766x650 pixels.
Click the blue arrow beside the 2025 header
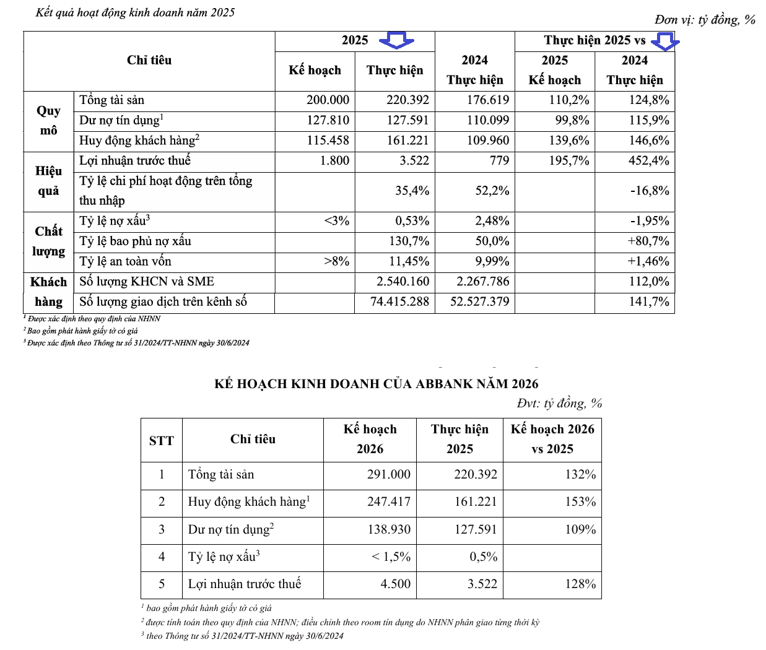tap(396, 40)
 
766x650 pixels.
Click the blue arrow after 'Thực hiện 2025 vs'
tap(665, 41)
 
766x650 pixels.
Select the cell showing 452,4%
tap(648, 161)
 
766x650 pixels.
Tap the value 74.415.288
tap(399, 301)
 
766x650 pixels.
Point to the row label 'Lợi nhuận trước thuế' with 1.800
tap(135, 161)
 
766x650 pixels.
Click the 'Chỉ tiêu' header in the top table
tap(149, 60)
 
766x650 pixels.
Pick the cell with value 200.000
tap(328, 100)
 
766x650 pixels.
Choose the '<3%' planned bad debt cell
tap(337, 221)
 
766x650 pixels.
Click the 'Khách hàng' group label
tap(48, 292)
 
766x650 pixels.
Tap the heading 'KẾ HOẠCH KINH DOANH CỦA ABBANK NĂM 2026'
tap(376, 384)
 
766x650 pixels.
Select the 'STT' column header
tap(161, 440)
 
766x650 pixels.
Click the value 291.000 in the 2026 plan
tap(388, 474)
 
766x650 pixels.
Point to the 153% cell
tap(580, 501)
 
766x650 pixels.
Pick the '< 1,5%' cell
tap(391, 557)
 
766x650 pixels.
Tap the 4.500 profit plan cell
tap(395, 584)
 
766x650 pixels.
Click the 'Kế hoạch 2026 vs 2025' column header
tap(552, 439)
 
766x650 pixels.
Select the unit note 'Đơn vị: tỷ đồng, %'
tap(705, 20)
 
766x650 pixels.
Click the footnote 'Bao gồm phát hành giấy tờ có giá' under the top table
tap(82, 331)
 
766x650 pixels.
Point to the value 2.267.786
tap(482, 282)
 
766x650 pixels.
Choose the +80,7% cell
tap(648, 241)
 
